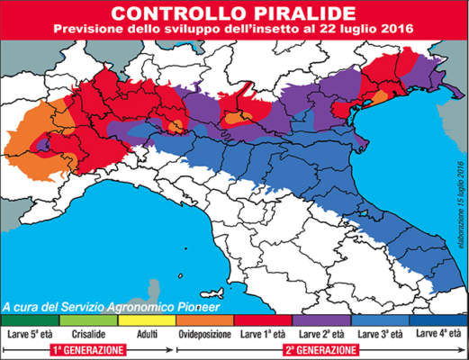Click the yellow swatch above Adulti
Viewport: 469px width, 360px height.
pos(147,319)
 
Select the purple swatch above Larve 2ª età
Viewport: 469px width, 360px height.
pos(321,319)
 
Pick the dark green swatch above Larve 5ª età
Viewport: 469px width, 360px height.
pos(30,319)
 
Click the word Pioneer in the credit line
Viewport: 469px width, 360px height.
pos(208,306)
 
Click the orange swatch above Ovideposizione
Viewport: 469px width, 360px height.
pos(204,319)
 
